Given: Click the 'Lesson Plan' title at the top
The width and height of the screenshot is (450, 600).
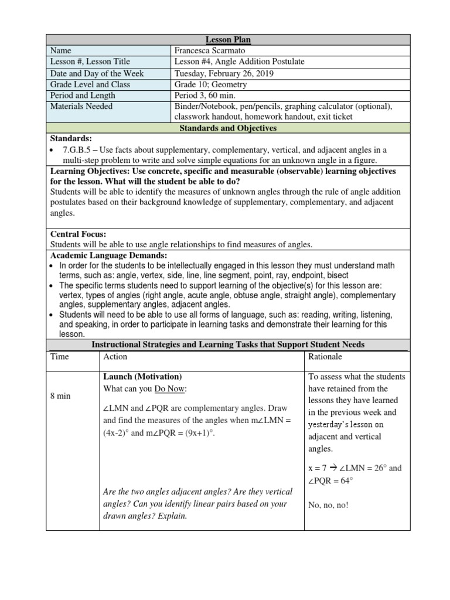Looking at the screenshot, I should click(228, 39).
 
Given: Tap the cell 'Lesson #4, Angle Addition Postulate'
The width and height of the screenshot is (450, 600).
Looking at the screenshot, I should click(239, 62).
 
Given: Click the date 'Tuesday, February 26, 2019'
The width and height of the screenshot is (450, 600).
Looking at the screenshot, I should click(223, 73).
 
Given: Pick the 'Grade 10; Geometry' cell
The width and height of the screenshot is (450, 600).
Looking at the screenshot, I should click(210, 84).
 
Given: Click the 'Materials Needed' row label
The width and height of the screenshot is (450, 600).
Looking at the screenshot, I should click(81, 107).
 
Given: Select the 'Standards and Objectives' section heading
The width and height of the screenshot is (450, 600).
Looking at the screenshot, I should click(228, 128).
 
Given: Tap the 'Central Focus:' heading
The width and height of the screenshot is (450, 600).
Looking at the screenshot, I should click(78, 234).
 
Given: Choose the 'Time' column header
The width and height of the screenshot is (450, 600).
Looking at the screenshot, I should click(60, 356).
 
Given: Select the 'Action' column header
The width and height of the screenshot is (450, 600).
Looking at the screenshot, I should click(115, 356).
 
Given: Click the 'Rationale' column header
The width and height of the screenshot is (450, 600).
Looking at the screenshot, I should click(325, 356).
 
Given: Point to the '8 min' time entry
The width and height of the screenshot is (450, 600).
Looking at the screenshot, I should click(60, 396).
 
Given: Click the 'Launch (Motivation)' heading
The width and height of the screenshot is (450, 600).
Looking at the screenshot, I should click(142, 376).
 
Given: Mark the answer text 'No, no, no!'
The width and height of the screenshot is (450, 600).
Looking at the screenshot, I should click(328, 504).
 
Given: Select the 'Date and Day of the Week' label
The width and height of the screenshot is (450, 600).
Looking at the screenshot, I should click(97, 73).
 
